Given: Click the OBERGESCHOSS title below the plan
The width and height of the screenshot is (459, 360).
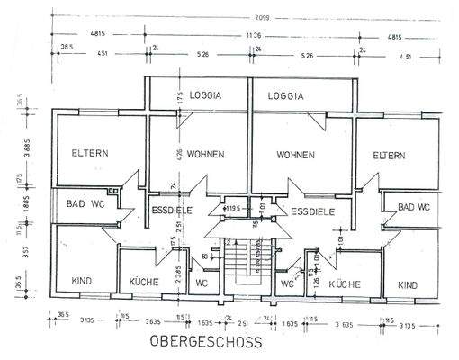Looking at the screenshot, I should [205, 342].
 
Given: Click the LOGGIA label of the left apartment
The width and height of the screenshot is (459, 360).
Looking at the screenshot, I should [205, 95].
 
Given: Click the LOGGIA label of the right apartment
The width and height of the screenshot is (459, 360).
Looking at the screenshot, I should [285, 95].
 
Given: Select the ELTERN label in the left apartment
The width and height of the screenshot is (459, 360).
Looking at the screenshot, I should [90, 153].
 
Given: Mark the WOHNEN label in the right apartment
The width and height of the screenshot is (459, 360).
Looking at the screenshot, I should [296, 156].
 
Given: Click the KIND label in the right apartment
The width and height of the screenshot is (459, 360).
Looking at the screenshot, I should [407, 284].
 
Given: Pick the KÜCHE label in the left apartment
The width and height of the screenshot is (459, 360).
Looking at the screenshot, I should [144, 282].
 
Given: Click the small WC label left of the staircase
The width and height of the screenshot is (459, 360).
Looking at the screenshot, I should [202, 283].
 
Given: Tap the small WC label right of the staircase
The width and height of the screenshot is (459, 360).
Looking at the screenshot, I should [287, 283].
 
